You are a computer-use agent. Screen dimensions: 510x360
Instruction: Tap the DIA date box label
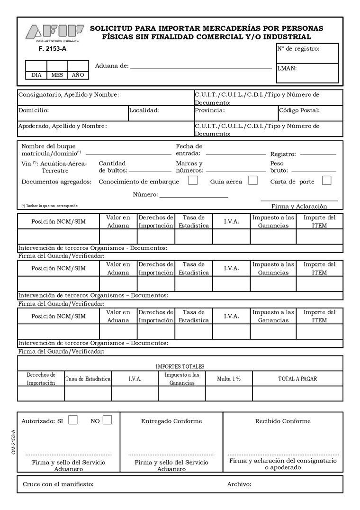(x=36, y=75)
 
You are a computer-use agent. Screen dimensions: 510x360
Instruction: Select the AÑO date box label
(x=78, y=75)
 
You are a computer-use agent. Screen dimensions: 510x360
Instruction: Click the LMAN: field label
(x=287, y=68)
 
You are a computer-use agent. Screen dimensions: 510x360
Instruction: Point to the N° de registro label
(x=298, y=48)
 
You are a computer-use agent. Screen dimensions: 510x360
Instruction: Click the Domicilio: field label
(x=34, y=110)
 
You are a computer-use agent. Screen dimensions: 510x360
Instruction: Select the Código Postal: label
(x=299, y=110)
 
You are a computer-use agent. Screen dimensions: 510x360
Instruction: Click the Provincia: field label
(x=209, y=110)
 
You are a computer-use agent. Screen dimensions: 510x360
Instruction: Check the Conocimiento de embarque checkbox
(x=193, y=180)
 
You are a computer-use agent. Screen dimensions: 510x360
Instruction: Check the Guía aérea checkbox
(x=253, y=180)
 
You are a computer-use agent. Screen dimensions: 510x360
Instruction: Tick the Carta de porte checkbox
(x=326, y=180)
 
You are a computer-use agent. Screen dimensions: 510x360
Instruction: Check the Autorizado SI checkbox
(x=73, y=420)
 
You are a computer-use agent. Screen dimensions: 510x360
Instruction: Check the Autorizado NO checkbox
(x=107, y=420)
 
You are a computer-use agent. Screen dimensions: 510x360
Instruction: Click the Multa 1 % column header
(x=229, y=379)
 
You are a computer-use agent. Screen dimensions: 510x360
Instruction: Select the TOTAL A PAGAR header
(x=297, y=379)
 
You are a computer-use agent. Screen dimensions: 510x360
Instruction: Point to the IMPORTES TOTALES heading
(x=180, y=366)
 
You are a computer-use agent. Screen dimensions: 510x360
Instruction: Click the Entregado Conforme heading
(x=171, y=421)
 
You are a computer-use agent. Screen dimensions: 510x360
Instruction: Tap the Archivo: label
(x=239, y=484)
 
